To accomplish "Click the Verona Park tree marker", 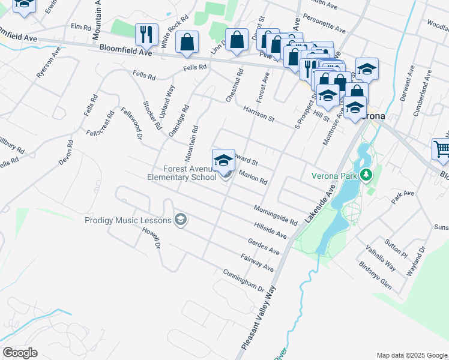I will [364, 175].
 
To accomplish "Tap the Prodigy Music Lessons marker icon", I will [180, 220].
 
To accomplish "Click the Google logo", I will [20, 353].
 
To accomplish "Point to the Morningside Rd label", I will [275, 214].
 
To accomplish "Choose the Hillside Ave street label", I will [271, 228].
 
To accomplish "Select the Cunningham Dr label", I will [243, 279].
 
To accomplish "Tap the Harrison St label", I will [259, 114].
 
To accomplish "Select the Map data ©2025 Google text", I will [411, 355].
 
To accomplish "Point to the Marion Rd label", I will [253, 177].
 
